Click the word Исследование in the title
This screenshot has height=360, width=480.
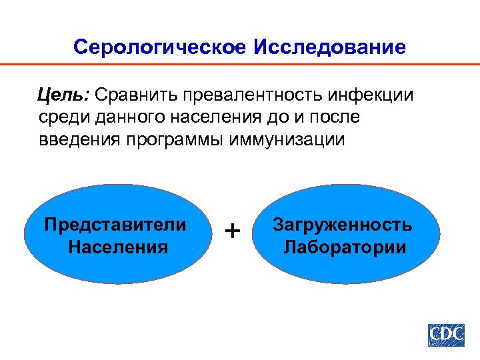pos(329,47)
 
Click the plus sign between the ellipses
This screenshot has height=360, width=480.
pos(233,231)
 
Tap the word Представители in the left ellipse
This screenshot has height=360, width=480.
pos(115,224)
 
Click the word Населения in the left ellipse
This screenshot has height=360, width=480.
pos(118,247)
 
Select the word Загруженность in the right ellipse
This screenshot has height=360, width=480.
pos(343,224)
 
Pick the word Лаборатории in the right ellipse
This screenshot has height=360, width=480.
pos(345,247)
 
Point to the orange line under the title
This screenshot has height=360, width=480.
pos(240,65)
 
